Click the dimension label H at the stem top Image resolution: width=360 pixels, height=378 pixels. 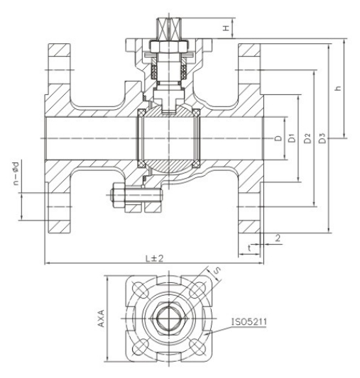[x=226, y=28]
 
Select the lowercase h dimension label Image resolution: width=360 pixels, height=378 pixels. [x=338, y=88]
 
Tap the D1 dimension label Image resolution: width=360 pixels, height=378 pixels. [x=292, y=138]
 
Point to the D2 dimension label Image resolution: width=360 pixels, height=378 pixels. [x=307, y=138]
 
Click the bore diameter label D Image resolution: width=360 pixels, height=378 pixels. [x=278, y=138]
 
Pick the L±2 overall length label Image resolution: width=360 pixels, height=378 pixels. [x=155, y=258]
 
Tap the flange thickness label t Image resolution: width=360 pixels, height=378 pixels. [x=249, y=248]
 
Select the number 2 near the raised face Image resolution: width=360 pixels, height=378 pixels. [x=278, y=238]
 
